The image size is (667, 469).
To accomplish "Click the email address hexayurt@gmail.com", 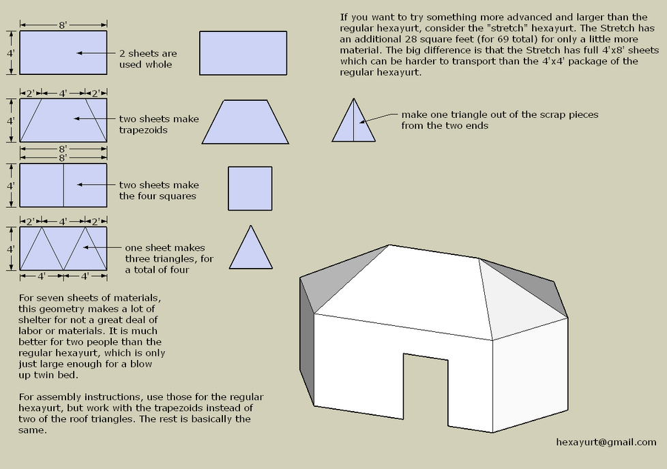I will coord(606,442).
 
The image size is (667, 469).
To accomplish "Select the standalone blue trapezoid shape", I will coord(245,122).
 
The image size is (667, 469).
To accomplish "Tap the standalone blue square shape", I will coord(250,188).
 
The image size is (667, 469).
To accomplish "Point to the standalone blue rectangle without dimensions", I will coord(243,52).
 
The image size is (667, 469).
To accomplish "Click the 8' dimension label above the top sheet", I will coord(63,25).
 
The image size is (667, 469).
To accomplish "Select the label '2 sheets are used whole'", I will coord(148,59).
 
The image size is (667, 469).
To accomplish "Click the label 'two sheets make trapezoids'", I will coord(159,124).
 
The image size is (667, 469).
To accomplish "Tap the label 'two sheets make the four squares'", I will coord(159,190).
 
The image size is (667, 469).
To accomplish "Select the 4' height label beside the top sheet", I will coord(11,52).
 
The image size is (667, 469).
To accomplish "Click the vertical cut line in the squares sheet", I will coord(63,185).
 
